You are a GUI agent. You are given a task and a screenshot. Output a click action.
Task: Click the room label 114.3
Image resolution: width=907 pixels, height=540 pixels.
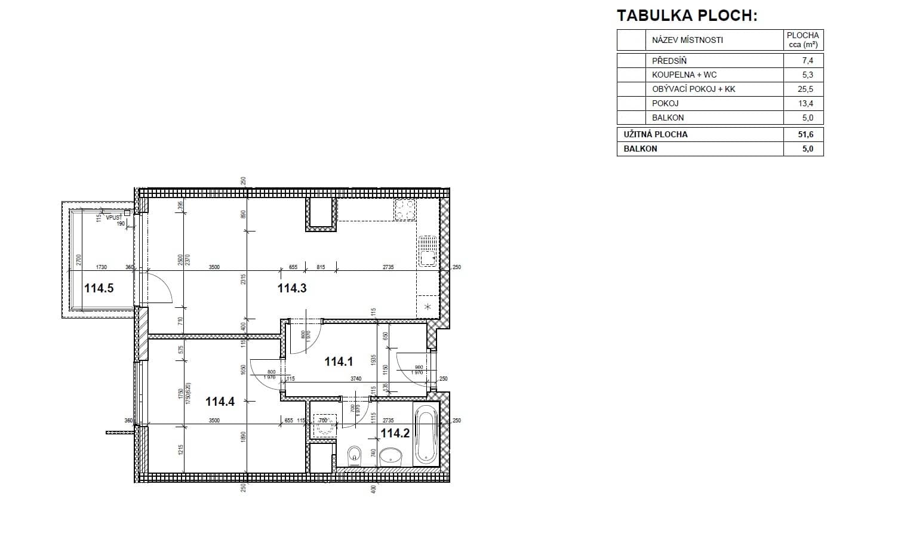coord(292,289)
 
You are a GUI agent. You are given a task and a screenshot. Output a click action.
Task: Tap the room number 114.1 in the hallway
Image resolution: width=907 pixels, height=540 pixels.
coord(339,362)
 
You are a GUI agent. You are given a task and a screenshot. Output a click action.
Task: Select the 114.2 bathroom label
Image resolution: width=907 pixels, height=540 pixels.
coord(395,433)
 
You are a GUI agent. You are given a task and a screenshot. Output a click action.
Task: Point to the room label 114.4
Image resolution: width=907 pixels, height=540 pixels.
coord(220,402)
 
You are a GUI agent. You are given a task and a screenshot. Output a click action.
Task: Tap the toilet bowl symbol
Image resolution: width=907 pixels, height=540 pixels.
coord(355,456)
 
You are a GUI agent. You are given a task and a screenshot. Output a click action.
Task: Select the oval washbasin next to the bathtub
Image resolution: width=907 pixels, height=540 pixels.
coord(391,456)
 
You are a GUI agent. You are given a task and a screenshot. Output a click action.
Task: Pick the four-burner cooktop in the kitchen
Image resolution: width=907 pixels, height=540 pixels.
coord(405,209)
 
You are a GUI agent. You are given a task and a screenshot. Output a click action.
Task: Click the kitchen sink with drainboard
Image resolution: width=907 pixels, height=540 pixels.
coord(427,251)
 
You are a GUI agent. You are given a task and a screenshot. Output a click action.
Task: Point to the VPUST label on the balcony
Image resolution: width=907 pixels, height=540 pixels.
coord(113,218)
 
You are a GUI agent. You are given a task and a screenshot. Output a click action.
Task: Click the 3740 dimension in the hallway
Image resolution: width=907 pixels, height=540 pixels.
coord(356,379)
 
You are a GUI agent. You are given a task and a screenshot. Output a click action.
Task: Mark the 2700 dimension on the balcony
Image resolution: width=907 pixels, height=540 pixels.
coord(78,260)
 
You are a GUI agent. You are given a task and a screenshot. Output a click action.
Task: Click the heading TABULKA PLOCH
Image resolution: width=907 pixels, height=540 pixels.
coord(687,16)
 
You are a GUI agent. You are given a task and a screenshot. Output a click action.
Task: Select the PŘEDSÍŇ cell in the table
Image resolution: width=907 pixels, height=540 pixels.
coord(669,60)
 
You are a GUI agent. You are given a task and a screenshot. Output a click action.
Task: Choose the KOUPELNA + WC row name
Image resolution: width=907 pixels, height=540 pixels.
coord(684,75)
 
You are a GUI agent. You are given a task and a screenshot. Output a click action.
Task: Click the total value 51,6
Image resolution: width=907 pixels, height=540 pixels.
coord(805,134)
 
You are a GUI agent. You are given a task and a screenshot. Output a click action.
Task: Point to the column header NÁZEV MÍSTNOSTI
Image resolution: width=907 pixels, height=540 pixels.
coord(687,40)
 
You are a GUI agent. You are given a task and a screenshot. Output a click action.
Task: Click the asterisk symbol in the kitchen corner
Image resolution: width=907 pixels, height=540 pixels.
coord(427,307)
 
